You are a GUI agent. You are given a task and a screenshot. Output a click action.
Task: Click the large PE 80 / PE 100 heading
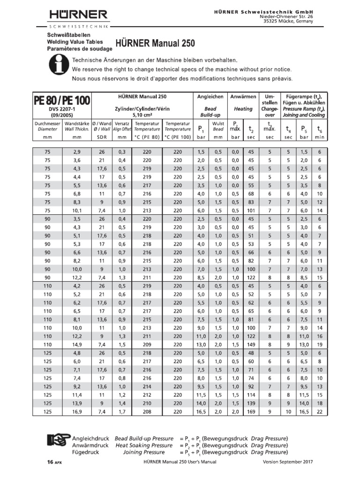click(x=62, y=100)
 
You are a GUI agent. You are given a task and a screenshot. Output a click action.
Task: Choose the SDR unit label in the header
click(x=102, y=137)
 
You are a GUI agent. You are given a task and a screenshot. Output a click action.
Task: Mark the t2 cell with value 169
click(x=251, y=412)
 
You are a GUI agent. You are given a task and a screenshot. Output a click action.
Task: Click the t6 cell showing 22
click(x=319, y=412)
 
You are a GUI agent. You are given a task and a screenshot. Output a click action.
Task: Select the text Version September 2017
click(x=287, y=462)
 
